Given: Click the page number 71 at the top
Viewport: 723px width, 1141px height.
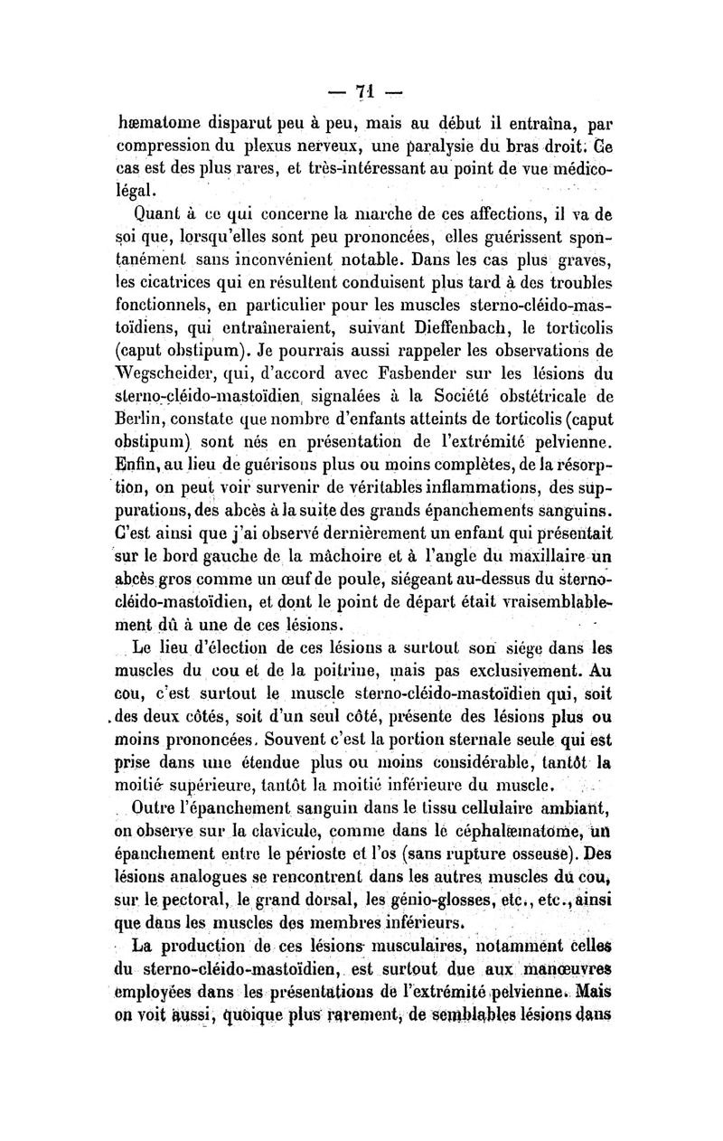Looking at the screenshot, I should point(365,91).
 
